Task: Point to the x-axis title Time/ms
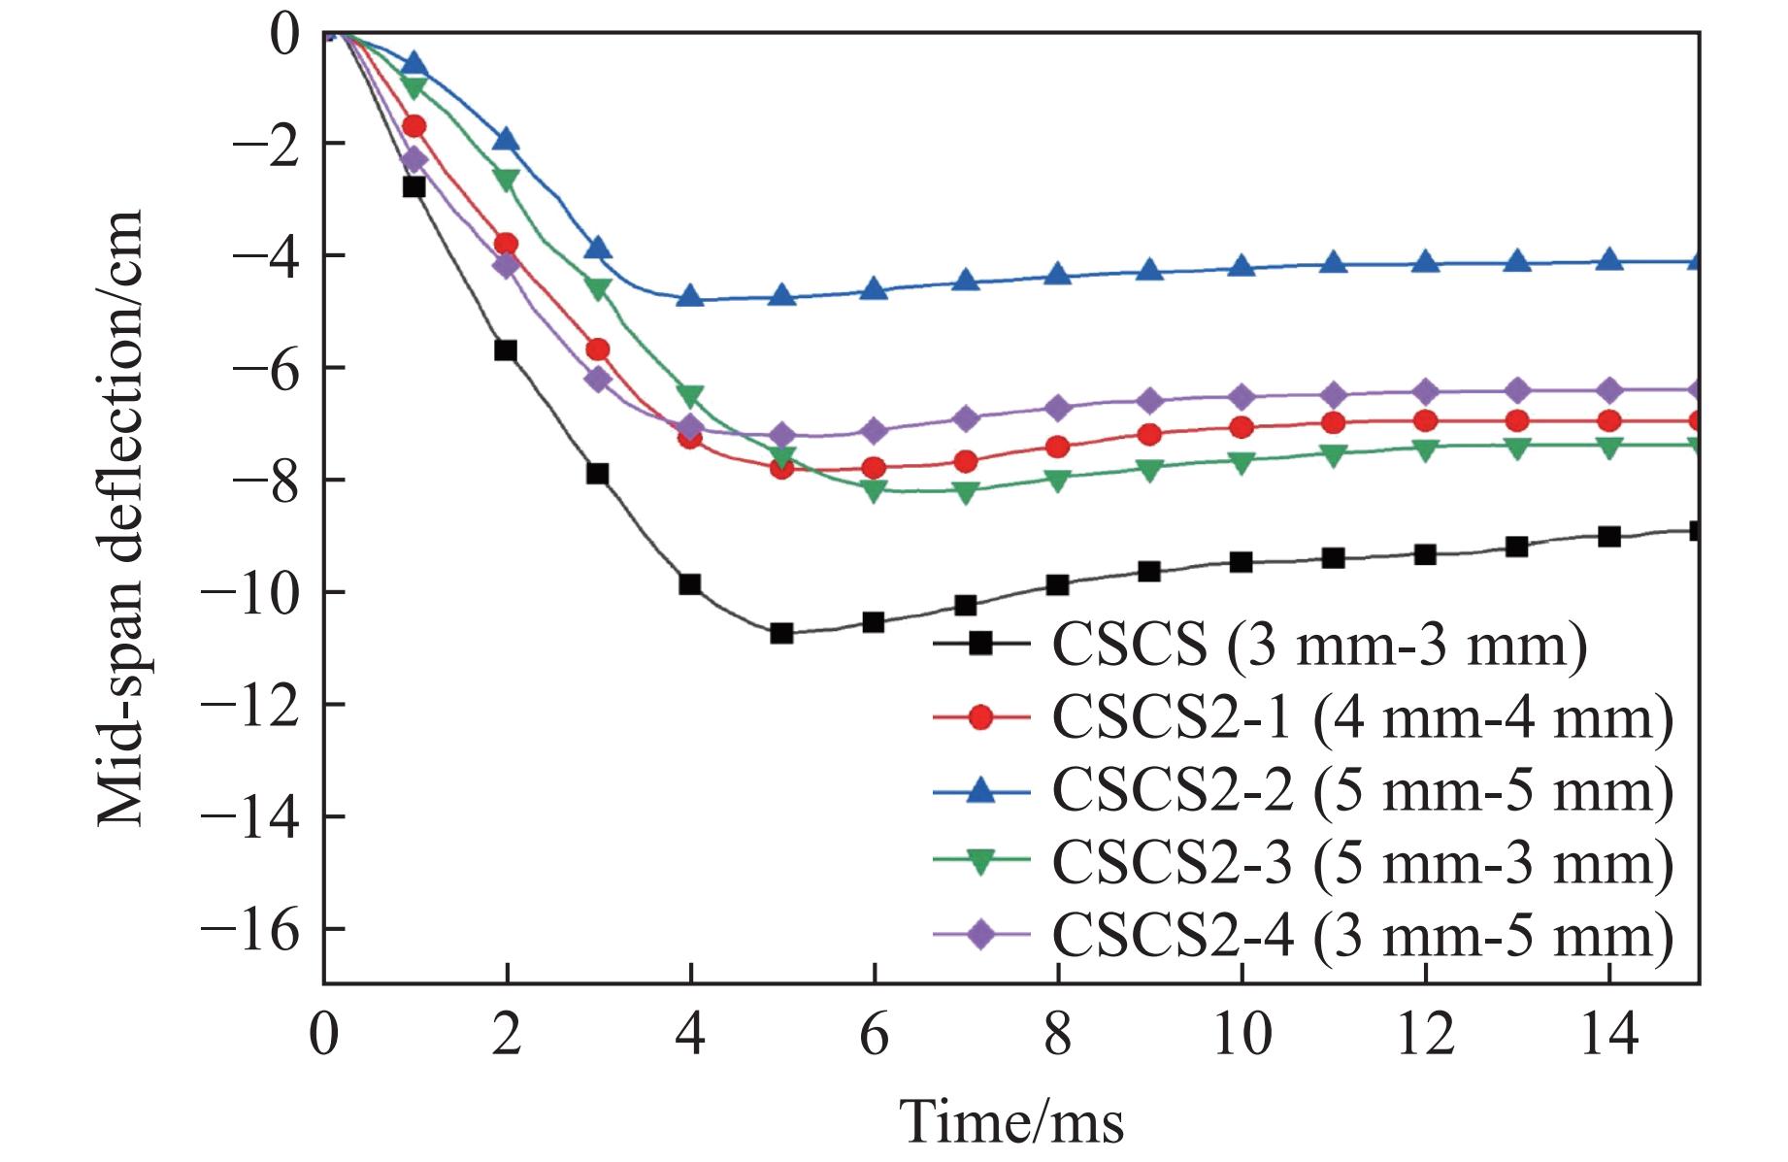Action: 1011,1122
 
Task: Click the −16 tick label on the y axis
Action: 250,929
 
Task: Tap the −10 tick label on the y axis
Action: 250,592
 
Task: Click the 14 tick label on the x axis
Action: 1608,1034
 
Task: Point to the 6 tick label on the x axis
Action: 875,1034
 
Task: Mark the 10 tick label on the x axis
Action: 1242,1034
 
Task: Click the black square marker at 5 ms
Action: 782,634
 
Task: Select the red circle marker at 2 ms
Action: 506,244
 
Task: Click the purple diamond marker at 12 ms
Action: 1425,392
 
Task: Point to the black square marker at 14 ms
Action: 1608,537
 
